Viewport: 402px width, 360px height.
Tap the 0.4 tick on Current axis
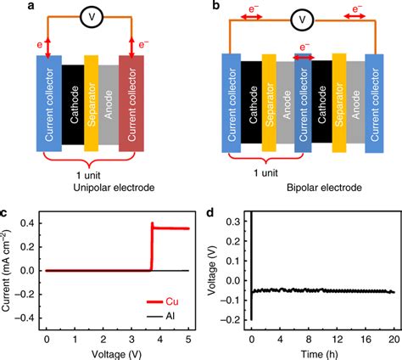(29, 222)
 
